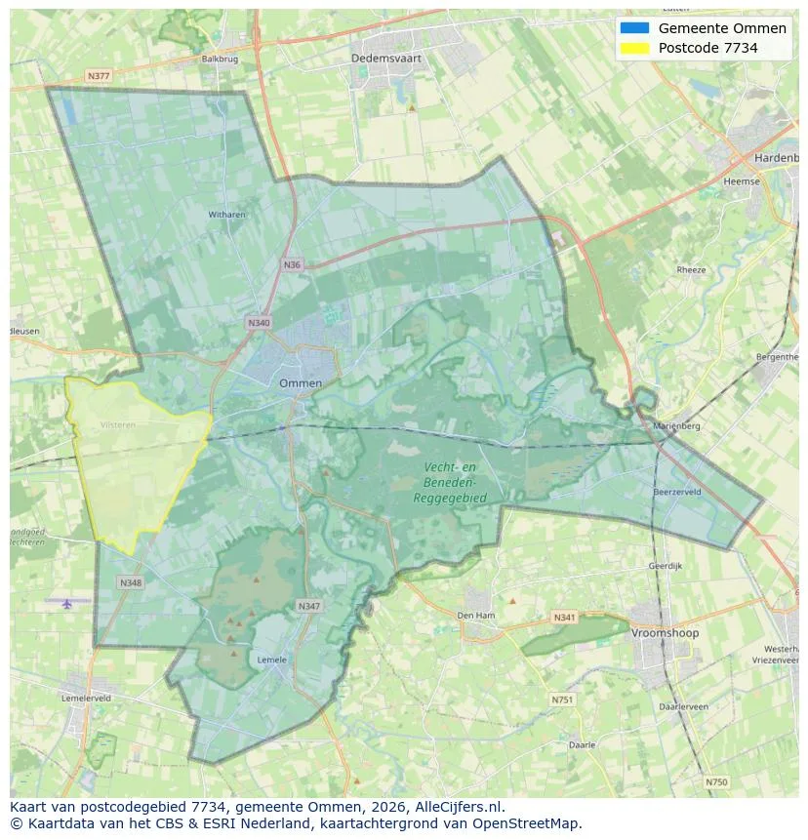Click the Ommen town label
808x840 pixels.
click(300, 383)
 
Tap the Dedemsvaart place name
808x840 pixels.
click(386, 59)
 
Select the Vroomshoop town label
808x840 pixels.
click(666, 633)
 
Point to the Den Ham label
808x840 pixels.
click(477, 616)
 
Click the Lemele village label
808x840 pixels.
click(271, 660)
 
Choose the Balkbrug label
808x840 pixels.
click(220, 59)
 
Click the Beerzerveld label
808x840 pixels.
click(677, 493)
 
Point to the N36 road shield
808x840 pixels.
click(292, 264)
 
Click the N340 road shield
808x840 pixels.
click(259, 323)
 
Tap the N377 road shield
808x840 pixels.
click(99, 75)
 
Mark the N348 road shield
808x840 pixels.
click(131, 582)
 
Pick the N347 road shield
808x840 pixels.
click(308, 606)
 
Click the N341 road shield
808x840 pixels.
click(564, 618)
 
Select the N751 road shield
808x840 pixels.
click(562, 700)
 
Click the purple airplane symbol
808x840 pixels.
click(66, 604)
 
